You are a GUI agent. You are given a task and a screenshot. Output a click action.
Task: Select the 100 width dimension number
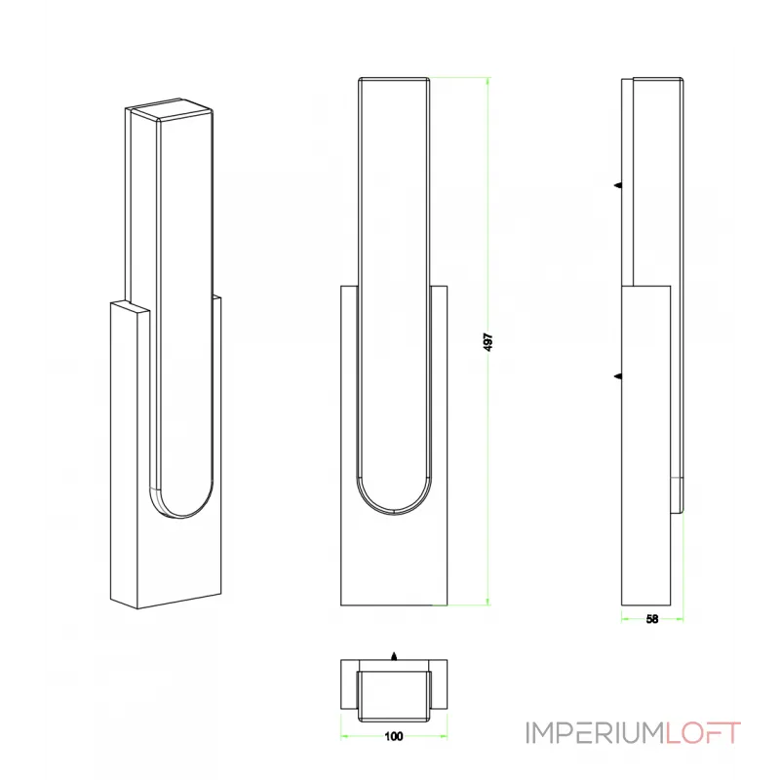(393, 737)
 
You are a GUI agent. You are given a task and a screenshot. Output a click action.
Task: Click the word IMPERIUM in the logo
(594, 731)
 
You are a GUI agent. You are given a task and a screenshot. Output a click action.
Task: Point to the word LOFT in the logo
(701, 731)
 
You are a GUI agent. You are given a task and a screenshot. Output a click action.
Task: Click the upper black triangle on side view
(617, 184)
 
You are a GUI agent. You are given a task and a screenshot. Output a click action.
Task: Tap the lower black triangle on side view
(617, 374)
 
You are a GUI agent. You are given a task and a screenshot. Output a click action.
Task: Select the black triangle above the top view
(393, 656)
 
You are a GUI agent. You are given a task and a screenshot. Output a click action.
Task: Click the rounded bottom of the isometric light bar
(180, 507)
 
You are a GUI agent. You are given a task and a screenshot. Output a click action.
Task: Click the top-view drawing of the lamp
(393, 687)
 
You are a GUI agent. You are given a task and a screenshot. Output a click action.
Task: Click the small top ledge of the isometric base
(130, 308)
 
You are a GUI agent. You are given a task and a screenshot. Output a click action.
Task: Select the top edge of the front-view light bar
(394, 77)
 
